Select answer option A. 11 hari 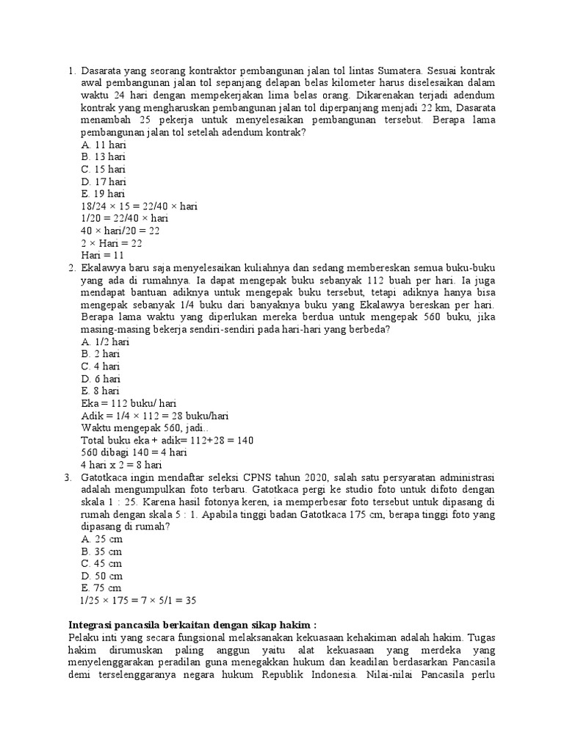[103, 145]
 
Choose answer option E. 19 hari [103, 194]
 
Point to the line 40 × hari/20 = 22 [120, 231]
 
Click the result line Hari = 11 [102, 255]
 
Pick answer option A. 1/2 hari [106, 341]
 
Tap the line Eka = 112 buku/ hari [129, 403]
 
